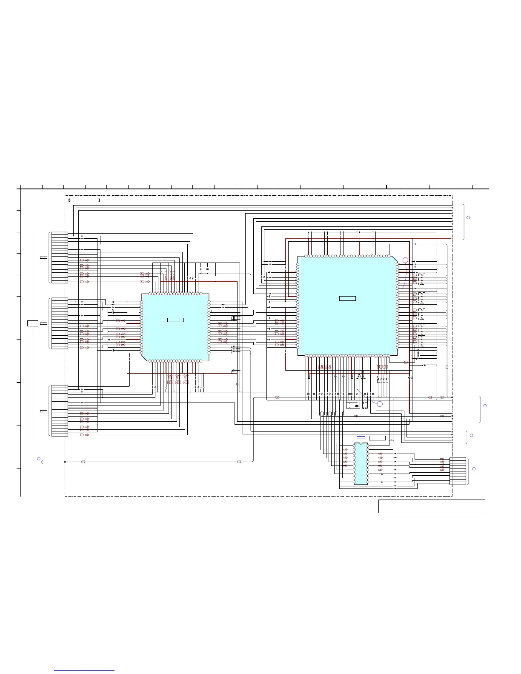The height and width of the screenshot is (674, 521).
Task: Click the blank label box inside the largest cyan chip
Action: pos(347,298)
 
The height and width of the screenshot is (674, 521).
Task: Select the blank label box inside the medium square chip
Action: pos(175,320)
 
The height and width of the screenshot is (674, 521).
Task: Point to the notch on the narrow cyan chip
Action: pos(361,444)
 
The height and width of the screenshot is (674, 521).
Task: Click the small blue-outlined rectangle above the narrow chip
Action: pos(361,438)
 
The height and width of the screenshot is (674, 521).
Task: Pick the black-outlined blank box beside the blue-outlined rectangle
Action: pos(377,438)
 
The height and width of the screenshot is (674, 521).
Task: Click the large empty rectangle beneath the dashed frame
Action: pos(432,506)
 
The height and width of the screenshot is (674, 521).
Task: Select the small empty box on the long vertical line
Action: pos(33,323)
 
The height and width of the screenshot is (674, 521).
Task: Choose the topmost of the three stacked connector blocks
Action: pos(59,257)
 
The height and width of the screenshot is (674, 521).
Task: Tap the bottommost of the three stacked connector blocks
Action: pos(59,411)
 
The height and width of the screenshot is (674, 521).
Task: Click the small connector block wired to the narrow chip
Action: pos(458,471)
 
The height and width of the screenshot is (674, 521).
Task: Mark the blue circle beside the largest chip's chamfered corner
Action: pos(405,260)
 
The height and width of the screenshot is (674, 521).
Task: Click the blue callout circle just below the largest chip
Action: pos(380,404)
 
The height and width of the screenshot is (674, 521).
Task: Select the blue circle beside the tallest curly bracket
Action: pos(468,217)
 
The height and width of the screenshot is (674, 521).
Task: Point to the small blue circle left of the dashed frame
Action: pos(38,459)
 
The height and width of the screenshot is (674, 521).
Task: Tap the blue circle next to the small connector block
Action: pos(474,468)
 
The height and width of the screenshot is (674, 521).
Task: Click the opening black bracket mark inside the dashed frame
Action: pos(69,200)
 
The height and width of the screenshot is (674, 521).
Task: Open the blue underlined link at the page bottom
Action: pos(84,671)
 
